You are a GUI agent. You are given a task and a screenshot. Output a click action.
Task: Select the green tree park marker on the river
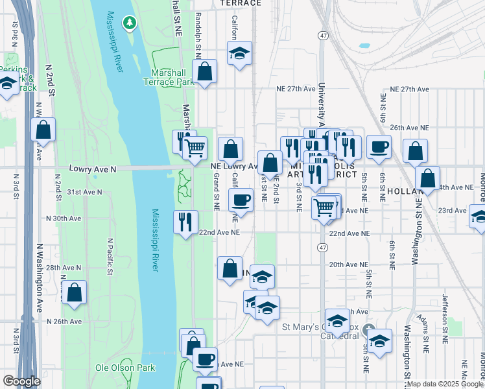[130, 23]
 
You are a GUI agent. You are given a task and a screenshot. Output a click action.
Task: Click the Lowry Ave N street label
[92, 169]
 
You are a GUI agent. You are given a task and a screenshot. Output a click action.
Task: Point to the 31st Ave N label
[85, 192]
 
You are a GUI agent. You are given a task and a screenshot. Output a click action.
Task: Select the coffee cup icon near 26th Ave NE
[379, 147]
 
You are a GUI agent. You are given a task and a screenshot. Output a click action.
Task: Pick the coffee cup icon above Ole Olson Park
[205, 359]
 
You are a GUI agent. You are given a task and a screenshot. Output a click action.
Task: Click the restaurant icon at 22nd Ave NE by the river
[185, 222]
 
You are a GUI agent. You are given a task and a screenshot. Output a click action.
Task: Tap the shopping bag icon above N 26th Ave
[75, 292]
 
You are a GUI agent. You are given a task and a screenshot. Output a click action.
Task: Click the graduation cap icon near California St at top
[239, 53]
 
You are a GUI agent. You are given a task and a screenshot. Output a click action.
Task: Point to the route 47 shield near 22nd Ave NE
[322, 248]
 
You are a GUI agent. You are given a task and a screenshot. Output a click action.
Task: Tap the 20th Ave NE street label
[348, 265]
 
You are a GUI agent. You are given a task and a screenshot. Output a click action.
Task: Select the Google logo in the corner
[21, 381]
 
